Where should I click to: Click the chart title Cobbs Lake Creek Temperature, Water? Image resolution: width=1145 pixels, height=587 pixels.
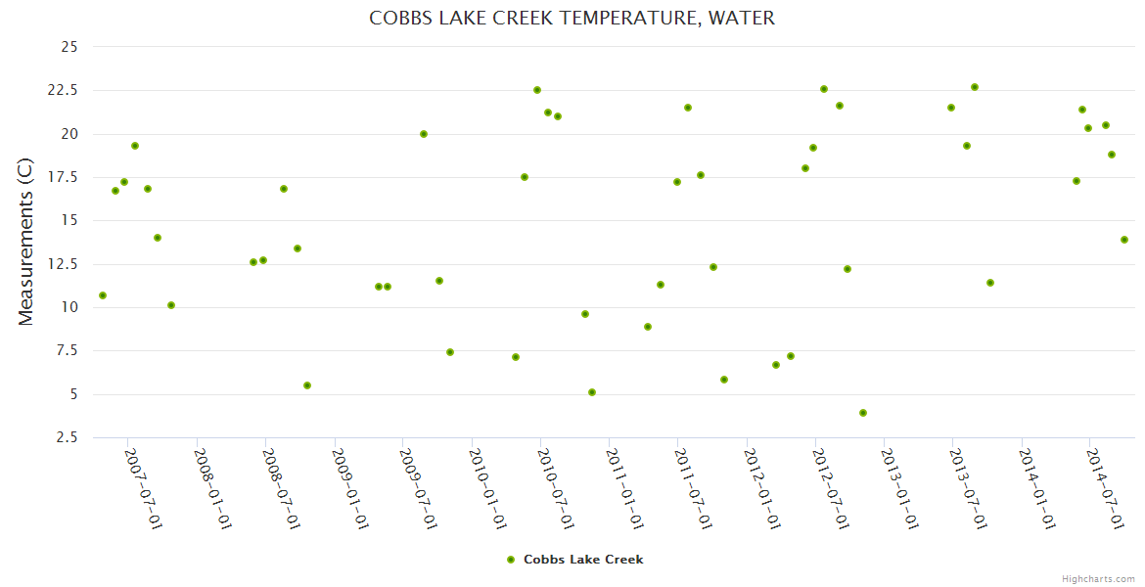(x=572, y=18)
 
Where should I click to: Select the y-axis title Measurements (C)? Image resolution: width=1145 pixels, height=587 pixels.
(x=26, y=242)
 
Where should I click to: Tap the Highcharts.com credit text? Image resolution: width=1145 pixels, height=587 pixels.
(x=1098, y=578)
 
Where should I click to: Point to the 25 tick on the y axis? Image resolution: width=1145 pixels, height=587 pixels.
(x=69, y=46)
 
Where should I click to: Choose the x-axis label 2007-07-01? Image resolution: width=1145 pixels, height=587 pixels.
(x=142, y=489)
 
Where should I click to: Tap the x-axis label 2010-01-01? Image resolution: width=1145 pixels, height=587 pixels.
(x=485, y=489)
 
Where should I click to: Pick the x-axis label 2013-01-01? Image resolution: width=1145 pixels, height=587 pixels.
(x=898, y=489)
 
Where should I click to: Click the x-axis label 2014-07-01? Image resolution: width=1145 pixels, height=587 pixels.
(x=1104, y=489)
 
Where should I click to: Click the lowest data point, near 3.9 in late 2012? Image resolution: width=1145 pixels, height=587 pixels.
(x=863, y=413)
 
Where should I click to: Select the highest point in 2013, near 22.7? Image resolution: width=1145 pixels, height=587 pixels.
(x=975, y=87)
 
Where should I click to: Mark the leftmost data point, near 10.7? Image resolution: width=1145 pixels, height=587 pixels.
(x=103, y=295)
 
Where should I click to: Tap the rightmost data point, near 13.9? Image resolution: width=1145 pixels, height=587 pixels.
(x=1124, y=240)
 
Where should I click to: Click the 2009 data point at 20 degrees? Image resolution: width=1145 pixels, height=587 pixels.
(x=424, y=134)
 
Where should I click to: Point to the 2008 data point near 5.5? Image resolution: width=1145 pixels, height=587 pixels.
(x=307, y=385)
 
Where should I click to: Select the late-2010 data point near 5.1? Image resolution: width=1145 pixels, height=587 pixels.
(x=592, y=392)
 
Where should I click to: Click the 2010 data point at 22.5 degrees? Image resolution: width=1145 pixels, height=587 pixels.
(x=537, y=90)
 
